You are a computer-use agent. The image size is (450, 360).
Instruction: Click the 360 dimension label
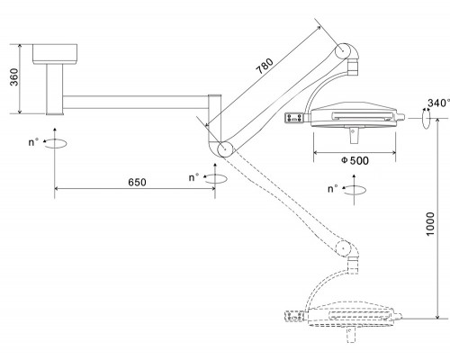click(14, 77)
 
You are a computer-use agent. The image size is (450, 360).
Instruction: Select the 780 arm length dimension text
click(265, 66)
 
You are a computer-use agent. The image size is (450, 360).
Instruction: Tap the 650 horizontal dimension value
click(137, 182)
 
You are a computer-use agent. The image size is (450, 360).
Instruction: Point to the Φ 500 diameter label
click(355, 160)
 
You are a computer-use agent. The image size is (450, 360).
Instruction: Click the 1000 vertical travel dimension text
click(430, 224)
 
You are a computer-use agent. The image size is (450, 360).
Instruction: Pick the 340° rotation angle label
click(438, 103)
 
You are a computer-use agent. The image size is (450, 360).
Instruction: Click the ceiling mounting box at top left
click(55, 54)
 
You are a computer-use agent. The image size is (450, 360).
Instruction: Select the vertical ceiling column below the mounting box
click(55, 89)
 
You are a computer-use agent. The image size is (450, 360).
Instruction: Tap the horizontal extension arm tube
click(136, 103)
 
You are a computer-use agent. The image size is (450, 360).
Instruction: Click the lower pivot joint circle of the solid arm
click(225, 148)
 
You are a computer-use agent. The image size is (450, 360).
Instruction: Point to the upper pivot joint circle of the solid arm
click(343, 51)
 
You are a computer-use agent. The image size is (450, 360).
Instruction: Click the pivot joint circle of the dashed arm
click(343, 248)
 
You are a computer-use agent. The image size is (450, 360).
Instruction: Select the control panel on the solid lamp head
click(294, 118)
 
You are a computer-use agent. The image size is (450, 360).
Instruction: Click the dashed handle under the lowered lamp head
click(351, 335)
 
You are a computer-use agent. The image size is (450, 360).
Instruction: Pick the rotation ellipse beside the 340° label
click(426, 119)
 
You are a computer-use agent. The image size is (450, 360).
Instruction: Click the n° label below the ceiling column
click(33, 142)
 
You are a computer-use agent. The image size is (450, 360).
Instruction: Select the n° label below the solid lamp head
click(333, 189)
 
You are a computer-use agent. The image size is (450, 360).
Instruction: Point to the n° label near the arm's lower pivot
click(193, 177)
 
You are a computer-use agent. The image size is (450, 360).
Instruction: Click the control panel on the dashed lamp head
click(295, 316)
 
